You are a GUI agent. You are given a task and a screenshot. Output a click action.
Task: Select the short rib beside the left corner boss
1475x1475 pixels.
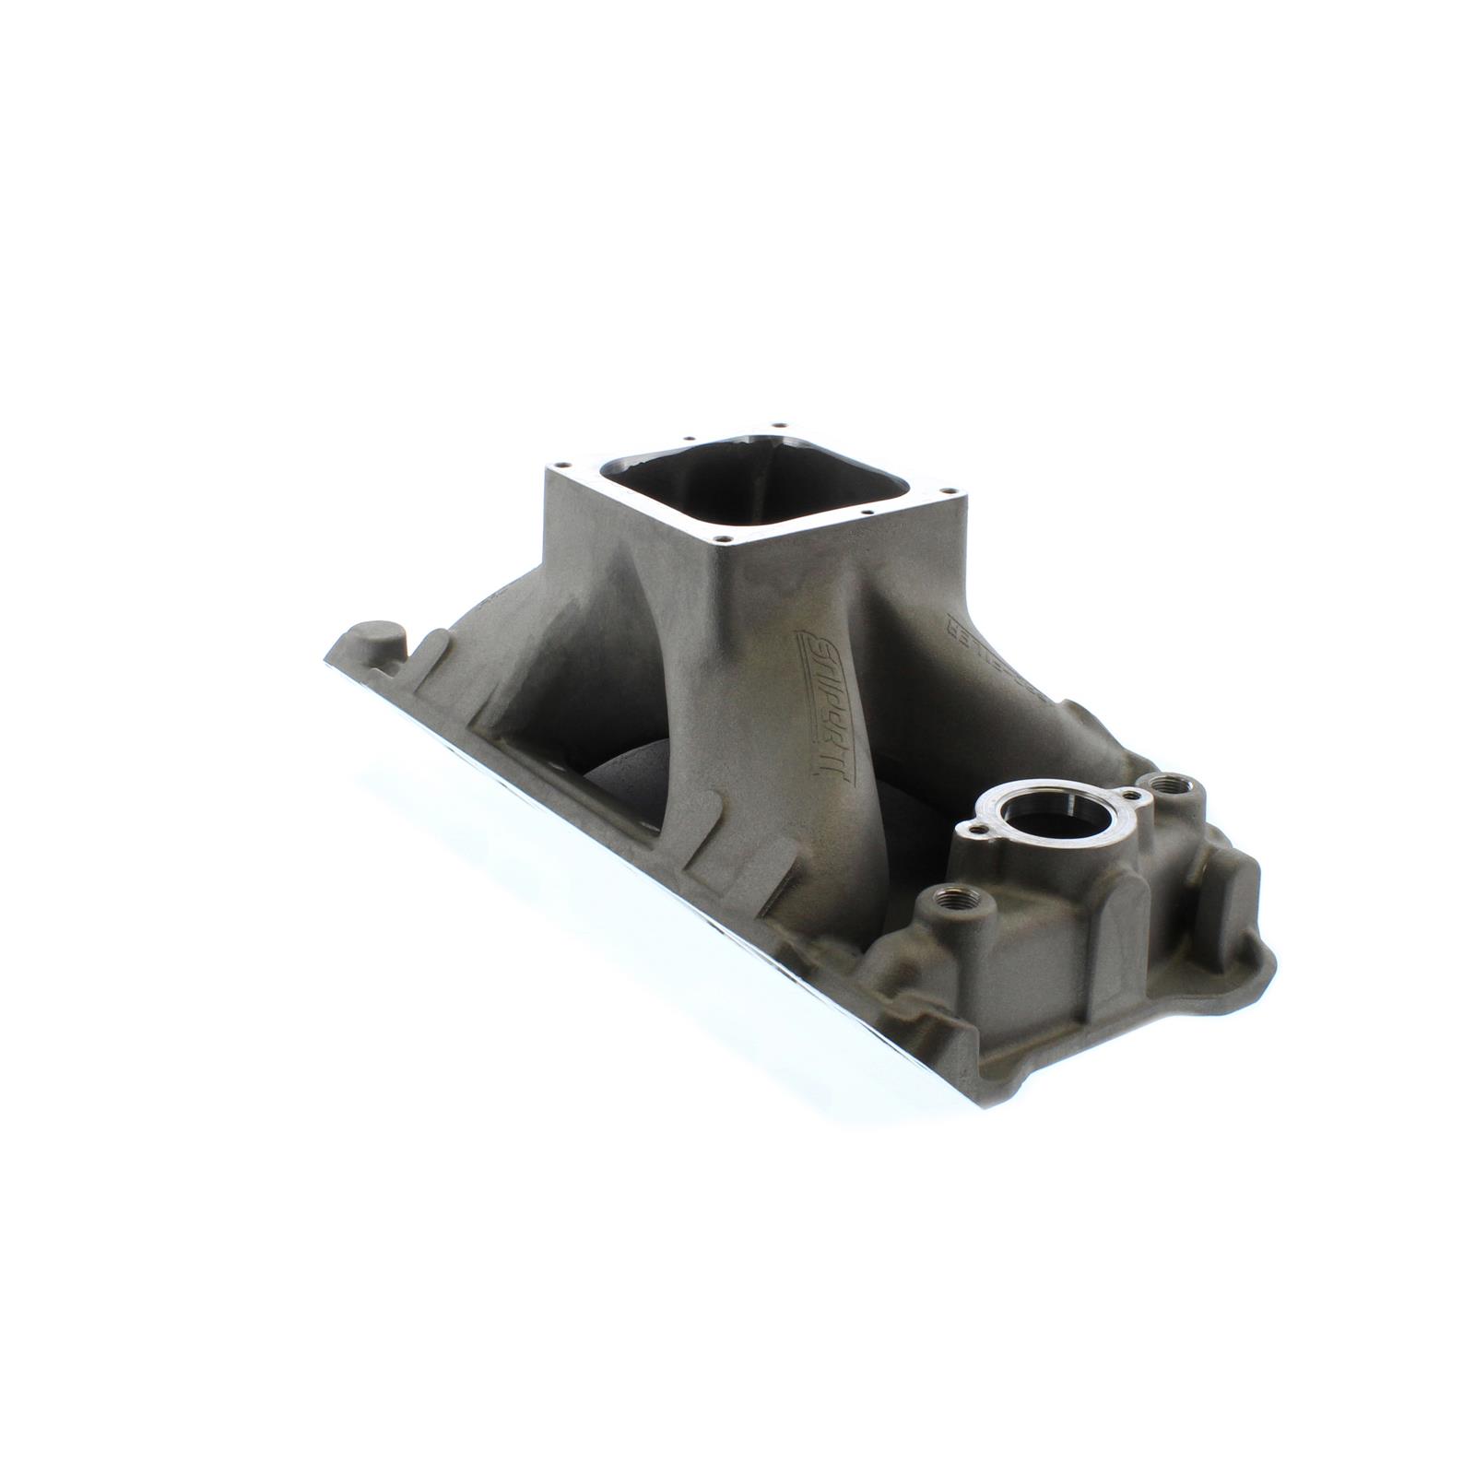coord(427,655)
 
